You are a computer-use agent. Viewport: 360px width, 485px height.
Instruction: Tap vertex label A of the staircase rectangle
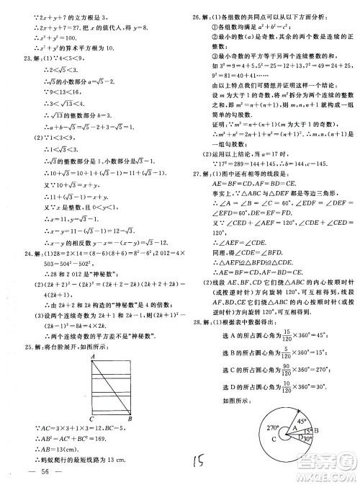pos(90,357)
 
